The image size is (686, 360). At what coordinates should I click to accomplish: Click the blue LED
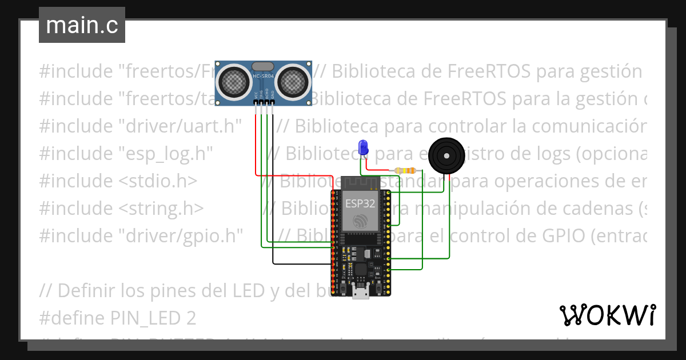click(362, 147)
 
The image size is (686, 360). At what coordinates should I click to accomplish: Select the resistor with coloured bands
click(405, 170)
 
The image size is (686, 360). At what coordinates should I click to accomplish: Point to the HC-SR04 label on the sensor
click(263, 77)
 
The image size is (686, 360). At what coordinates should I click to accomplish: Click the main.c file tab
click(82, 25)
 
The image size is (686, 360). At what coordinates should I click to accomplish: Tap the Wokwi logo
click(607, 315)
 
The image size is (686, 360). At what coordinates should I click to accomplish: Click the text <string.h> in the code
click(161, 208)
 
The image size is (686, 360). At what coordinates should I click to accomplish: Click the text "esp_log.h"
click(166, 153)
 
